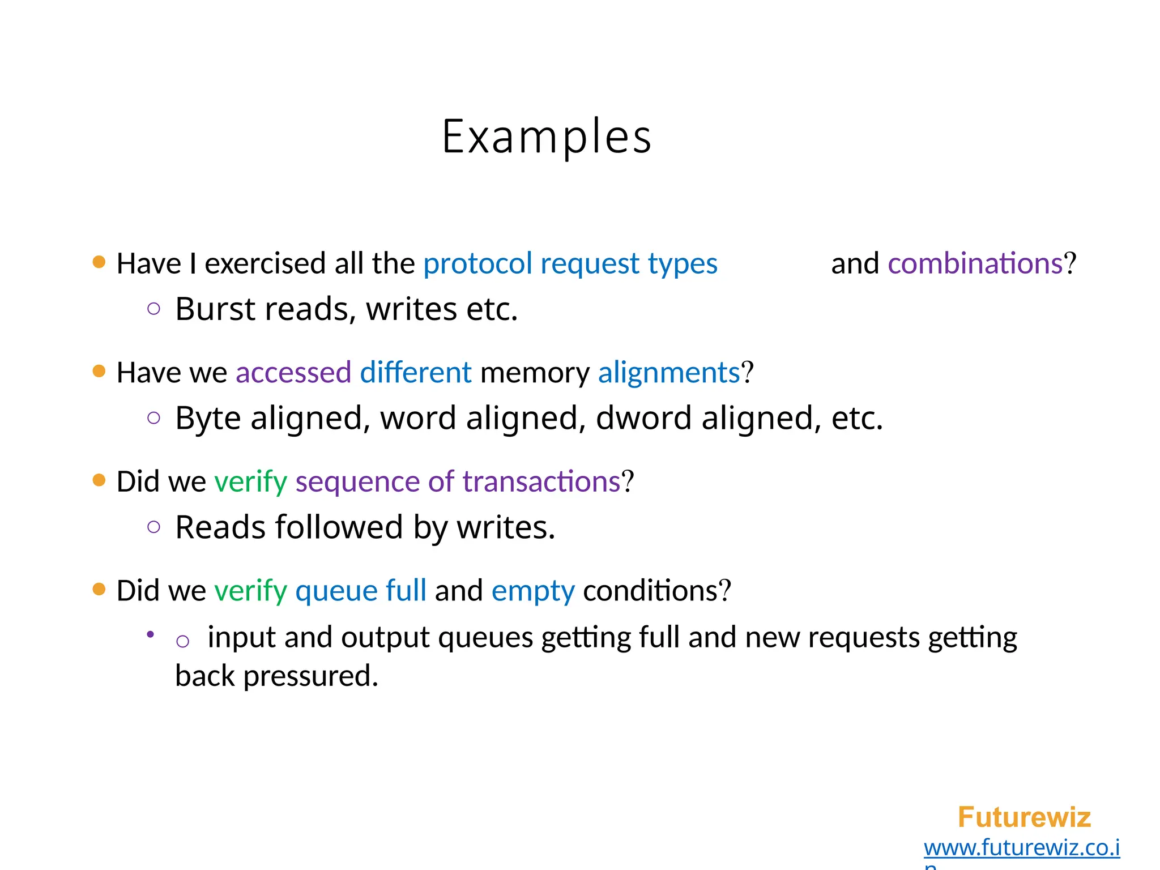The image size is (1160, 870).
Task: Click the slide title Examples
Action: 547,137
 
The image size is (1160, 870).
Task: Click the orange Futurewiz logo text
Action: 1024,817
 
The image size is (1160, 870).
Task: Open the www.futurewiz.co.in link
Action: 1022,848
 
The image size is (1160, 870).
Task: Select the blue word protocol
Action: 477,264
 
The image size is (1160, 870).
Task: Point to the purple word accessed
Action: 293,373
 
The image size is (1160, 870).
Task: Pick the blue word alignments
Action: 669,373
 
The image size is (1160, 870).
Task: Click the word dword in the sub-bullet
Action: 643,418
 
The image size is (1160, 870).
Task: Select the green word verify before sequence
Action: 250,482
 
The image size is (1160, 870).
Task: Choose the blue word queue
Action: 336,591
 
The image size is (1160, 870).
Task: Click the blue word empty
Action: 533,591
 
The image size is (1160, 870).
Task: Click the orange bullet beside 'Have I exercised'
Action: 99,262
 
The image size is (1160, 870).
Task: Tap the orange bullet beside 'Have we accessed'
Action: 99,371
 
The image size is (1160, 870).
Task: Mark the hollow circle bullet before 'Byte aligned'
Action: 153,418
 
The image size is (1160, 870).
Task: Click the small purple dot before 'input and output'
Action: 150,635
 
